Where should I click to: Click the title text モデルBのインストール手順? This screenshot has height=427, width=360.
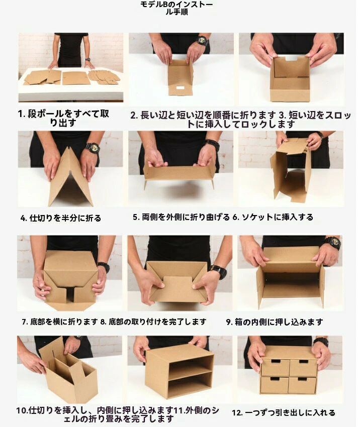176,8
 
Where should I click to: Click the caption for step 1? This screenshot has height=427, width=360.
63,118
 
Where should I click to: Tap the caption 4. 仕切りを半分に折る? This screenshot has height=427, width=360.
60,218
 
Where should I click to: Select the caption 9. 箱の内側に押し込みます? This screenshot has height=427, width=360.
275,322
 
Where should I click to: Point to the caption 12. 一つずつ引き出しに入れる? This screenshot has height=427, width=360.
284,413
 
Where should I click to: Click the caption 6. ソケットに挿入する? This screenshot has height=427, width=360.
273,218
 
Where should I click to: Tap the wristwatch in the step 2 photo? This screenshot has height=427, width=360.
203,41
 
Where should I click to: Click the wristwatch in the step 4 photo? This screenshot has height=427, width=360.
93,148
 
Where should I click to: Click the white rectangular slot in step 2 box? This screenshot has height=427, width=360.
180,88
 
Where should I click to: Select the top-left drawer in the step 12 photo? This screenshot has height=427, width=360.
275,367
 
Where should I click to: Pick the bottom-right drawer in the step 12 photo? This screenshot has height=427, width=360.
303,385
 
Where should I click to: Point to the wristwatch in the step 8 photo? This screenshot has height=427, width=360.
219,271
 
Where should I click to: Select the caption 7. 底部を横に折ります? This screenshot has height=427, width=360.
60,322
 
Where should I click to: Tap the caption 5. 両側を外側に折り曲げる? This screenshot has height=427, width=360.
181,218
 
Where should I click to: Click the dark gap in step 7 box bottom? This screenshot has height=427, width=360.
70,294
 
